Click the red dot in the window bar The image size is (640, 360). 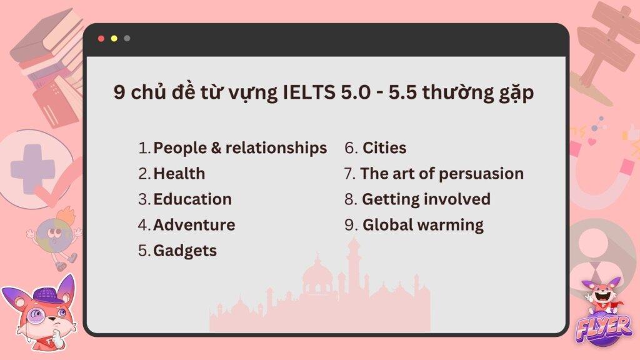[x=101, y=39]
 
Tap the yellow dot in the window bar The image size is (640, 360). [x=114, y=39]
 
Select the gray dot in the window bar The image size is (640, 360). [x=127, y=39]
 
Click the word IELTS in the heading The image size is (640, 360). [x=300, y=93]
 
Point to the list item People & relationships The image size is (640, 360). [x=240, y=148]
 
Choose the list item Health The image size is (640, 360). [x=179, y=174]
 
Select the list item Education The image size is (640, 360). [x=192, y=199]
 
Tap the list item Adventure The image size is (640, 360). [x=194, y=225]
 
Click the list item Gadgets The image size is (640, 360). [x=185, y=251]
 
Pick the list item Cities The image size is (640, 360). [x=384, y=148]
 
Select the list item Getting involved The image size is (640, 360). [x=426, y=199]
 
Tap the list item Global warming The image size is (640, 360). [x=423, y=225]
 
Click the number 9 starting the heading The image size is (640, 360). [x=118, y=93]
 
